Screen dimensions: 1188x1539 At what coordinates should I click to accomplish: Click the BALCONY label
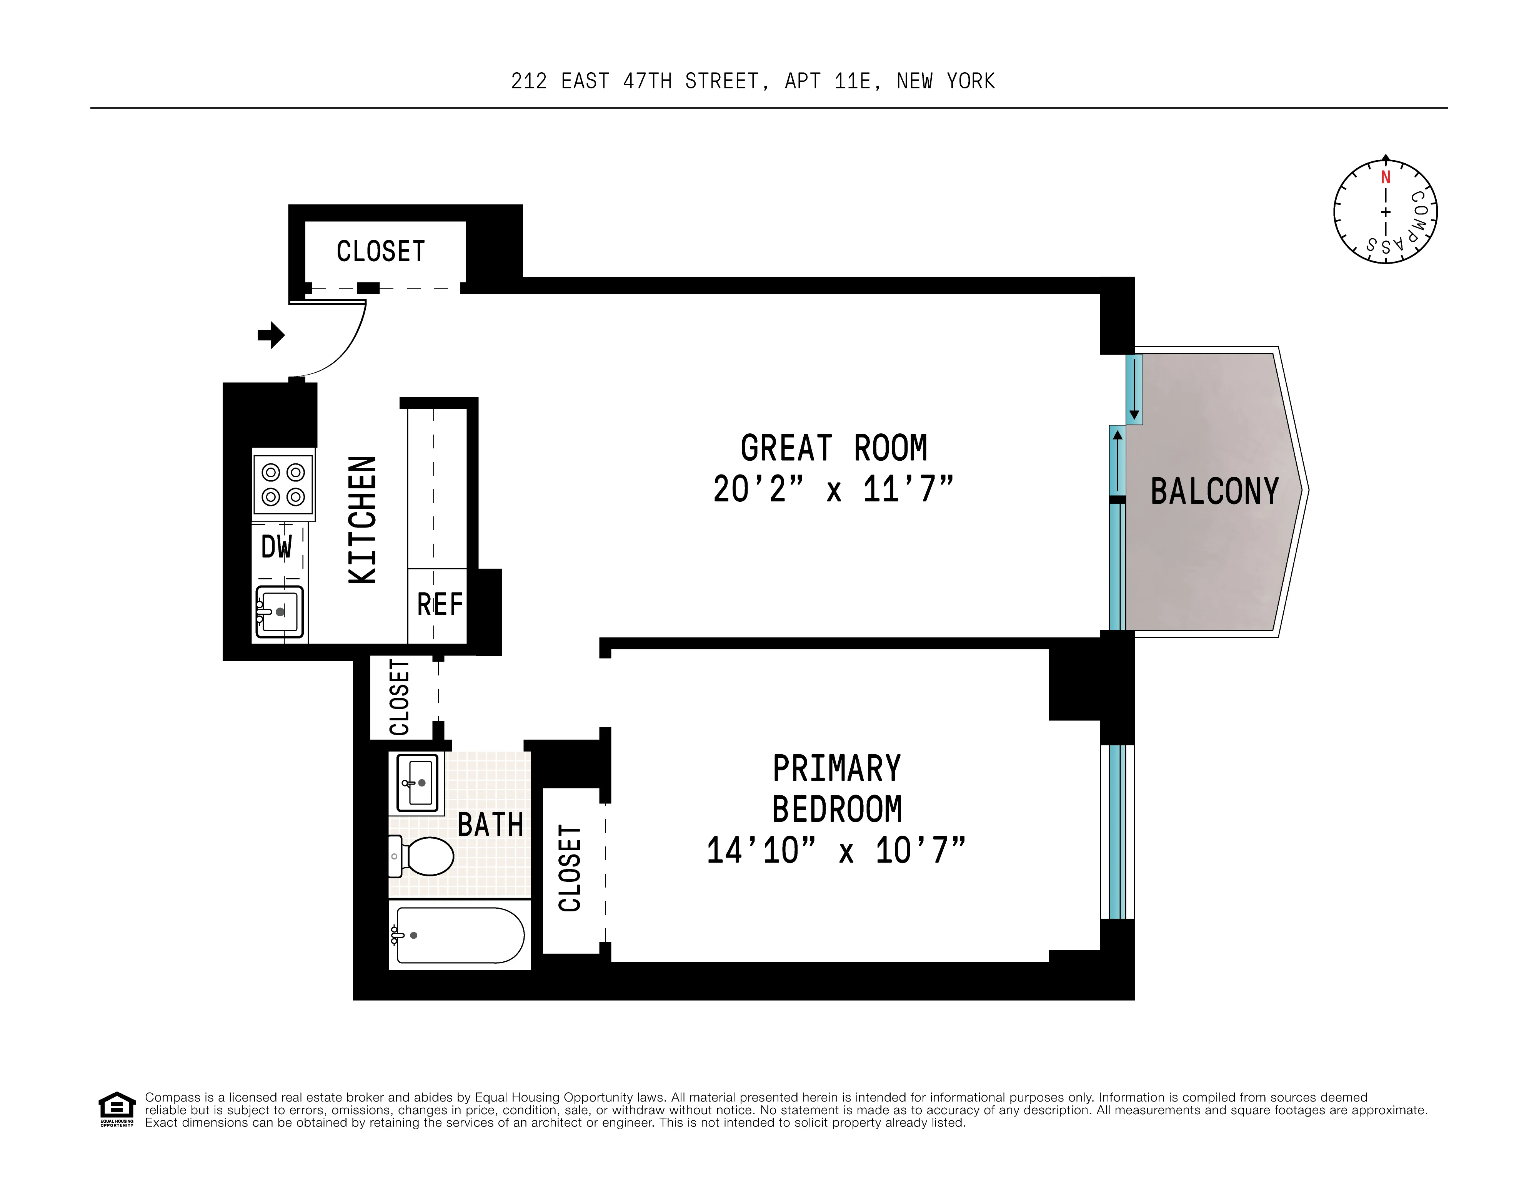tap(1214, 491)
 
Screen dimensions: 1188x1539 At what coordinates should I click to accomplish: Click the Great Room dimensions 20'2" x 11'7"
tap(834, 489)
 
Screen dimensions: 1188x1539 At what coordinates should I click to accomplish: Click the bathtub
tap(460, 934)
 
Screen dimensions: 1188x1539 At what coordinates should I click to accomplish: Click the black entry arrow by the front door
tap(271, 335)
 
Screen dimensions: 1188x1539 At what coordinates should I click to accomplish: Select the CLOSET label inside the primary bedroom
tap(570, 868)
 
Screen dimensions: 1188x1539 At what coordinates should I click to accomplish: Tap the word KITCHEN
tap(363, 520)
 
